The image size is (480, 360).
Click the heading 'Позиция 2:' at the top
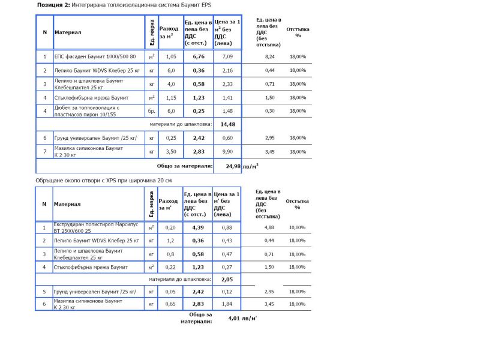tap(53, 5)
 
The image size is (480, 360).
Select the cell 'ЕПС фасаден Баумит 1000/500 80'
tap(95, 56)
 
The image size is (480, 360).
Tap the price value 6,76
tap(199, 56)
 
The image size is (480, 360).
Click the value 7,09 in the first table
tap(227, 56)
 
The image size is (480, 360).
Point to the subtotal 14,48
tap(227, 124)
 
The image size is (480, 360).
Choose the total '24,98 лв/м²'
tap(240, 166)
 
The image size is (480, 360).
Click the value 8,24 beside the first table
tap(270, 56)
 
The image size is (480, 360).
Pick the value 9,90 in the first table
tap(227, 152)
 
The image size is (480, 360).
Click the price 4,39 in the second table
tap(199, 227)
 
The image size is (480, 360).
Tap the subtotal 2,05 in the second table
tap(227, 279)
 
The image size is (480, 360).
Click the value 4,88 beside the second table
tap(270, 227)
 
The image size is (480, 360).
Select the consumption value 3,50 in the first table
tap(171, 152)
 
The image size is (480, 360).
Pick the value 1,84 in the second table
tap(227, 305)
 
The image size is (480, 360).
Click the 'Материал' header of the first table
tap(67, 32)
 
